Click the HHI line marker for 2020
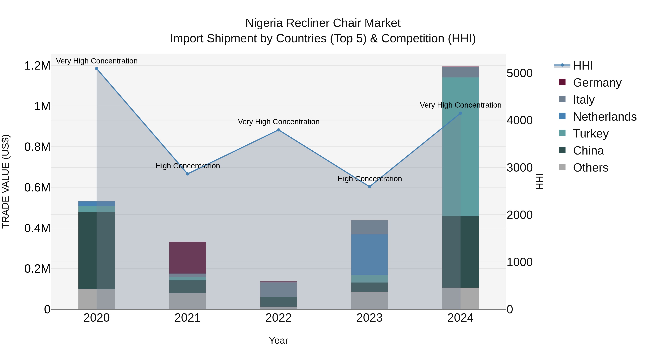(x=97, y=69)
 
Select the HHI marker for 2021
(x=188, y=174)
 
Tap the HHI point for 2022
(x=279, y=130)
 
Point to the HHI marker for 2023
(x=369, y=187)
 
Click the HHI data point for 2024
(x=460, y=113)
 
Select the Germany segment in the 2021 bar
(x=188, y=258)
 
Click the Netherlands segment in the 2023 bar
(x=369, y=255)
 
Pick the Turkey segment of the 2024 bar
(x=460, y=147)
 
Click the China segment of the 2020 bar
(x=97, y=251)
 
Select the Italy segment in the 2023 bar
(x=369, y=227)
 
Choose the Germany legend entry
(x=597, y=83)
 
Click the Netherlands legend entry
(x=605, y=117)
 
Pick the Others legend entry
(x=591, y=168)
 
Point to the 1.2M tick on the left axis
(x=37, y=66)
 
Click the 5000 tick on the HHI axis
(x=520, y=73)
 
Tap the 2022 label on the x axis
(x=279, y=318)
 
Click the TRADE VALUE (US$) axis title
(x=6, y=181)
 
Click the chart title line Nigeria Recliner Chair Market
(x=323, y=23)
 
